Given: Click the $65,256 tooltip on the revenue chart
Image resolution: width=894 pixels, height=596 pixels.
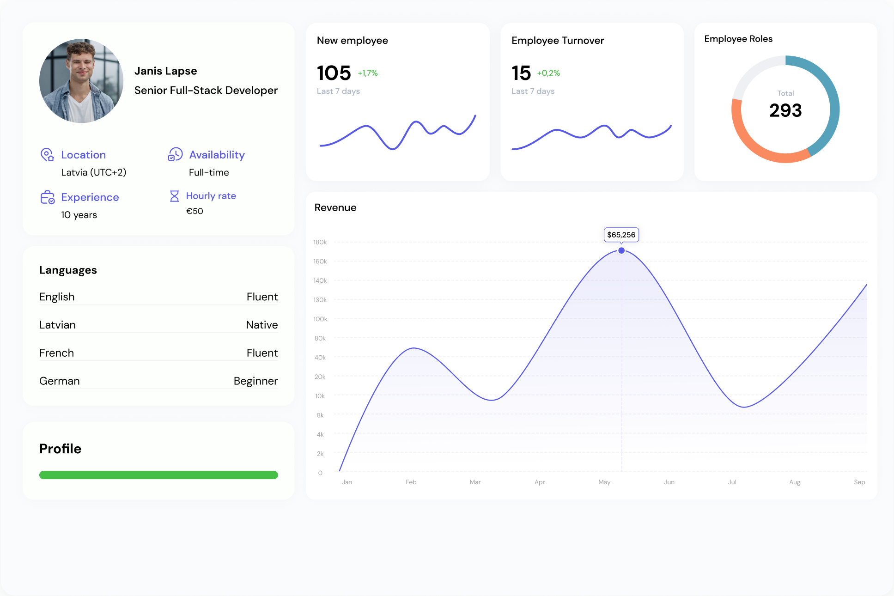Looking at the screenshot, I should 621,235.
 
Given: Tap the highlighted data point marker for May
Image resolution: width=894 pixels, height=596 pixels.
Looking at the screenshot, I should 621,250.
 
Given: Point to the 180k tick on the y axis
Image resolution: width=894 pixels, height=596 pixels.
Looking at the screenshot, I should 320,242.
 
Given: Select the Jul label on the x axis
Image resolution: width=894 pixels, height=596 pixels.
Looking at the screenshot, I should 732,482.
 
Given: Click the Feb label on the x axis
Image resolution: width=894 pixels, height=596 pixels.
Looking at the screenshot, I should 411,482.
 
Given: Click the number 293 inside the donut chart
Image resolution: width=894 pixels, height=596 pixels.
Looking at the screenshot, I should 785,110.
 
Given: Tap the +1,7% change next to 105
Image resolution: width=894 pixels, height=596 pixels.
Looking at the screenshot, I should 368,73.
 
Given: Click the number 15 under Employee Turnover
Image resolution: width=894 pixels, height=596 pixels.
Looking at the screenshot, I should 521,73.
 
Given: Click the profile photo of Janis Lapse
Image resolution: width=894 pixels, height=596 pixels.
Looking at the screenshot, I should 81,81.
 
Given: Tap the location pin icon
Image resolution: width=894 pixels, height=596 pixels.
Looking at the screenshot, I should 47,154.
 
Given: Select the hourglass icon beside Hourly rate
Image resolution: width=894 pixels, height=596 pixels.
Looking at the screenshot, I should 174,196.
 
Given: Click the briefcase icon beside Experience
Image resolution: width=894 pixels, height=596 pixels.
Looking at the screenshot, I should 47,197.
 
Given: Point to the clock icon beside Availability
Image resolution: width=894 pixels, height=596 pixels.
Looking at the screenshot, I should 175,154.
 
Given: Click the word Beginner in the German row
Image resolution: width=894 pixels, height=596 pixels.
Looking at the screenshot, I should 255,381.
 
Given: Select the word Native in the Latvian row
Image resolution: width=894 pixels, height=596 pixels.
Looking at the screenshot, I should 262,325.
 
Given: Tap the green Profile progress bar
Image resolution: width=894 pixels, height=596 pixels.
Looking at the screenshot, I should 158,475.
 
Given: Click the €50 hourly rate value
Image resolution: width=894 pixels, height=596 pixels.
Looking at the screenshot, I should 195,211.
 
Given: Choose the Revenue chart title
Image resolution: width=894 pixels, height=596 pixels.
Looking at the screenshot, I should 335,207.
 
